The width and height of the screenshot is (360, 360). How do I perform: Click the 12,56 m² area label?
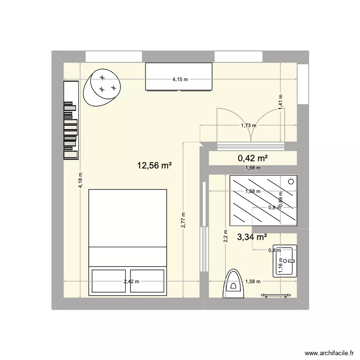pyautogui.click(x=155, y=166)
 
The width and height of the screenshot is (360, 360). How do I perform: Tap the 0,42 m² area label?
pyautogui.click(x=252, y=158)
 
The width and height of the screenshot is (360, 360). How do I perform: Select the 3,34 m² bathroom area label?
pyautogui.click(x=252, y=237)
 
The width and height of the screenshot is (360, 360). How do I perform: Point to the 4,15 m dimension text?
pyautogui.click(x=180, y=80)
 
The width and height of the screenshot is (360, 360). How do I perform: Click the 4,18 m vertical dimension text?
pyautogui.click(x=81, y=181)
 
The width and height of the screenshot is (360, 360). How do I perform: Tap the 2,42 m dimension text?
pyautogui.click(x=131, y=282)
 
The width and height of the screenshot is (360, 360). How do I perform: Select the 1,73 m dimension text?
pyautogui.click(x=248, y=126)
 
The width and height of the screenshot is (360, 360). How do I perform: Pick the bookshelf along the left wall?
pyautogui.click(x=71, y=120)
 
